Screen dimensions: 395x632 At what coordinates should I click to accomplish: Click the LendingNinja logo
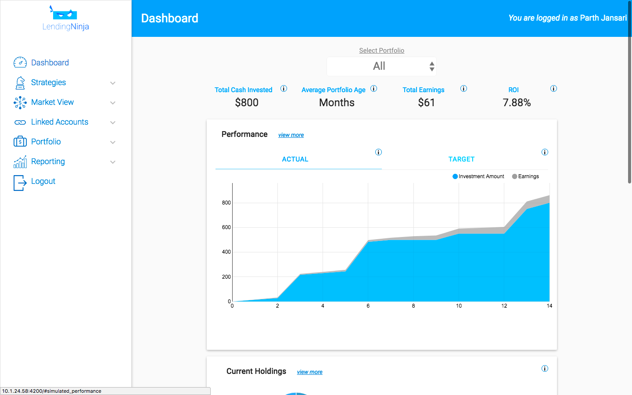65,19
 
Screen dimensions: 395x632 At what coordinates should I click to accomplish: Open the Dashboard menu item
50,63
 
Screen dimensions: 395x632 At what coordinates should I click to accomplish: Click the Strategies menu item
48,83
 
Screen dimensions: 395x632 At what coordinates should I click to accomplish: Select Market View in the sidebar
52,102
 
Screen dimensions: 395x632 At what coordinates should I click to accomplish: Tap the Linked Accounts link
59,122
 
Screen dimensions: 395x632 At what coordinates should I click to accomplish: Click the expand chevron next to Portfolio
113,142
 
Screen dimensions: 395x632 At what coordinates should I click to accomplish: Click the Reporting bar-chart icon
20,162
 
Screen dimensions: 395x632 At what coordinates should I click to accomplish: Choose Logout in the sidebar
43,181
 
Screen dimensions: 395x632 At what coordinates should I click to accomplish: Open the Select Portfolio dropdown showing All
381,66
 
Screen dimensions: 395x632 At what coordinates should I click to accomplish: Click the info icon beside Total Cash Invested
284,89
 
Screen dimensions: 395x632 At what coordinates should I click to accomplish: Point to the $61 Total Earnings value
426,103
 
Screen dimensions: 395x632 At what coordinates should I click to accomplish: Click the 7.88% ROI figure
517,103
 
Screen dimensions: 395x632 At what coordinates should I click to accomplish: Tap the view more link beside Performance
291,135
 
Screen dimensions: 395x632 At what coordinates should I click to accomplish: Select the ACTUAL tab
295,159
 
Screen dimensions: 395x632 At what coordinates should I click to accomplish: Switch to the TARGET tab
461,159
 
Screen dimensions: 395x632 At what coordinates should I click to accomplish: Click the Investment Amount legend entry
481,176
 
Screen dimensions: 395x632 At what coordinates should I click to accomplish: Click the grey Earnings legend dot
514,176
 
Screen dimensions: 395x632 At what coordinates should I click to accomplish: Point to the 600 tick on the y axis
226,227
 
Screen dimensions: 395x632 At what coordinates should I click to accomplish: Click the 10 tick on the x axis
459,306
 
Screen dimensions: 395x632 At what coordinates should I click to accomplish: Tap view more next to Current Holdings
309,372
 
